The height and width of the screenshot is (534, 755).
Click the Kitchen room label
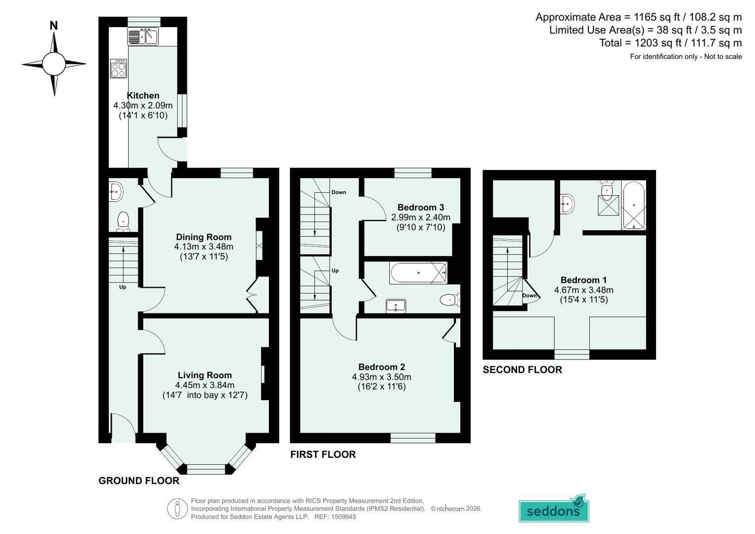click(143, 95)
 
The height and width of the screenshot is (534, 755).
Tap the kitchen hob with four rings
click(119, 69)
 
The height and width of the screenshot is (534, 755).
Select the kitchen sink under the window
click(143, 36)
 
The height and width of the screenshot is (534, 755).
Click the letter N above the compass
click(54, 26)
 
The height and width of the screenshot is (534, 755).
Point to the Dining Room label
click(204, 237)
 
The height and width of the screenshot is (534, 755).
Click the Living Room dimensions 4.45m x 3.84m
click(205, 385)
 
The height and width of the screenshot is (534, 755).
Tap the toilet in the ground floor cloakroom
click(124, 222)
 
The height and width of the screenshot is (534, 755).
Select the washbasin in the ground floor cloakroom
click(116, 192)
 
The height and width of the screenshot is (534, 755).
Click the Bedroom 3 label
click(421, 207)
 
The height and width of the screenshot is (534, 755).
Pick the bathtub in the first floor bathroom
click(419, 273)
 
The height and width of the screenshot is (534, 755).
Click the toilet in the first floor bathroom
click(450, 300)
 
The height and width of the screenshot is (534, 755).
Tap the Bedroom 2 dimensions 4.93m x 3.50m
click(382, 377)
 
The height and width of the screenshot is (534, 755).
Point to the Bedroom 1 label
click(583, 280)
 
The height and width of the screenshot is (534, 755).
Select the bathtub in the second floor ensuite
click(634, 206)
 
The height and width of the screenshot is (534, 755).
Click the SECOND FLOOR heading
click(523, 370)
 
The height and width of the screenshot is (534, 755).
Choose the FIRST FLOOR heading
click(323, 454)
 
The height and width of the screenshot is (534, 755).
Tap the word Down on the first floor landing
click(339, 192)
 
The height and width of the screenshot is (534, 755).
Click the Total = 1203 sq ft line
click(670, 43)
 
